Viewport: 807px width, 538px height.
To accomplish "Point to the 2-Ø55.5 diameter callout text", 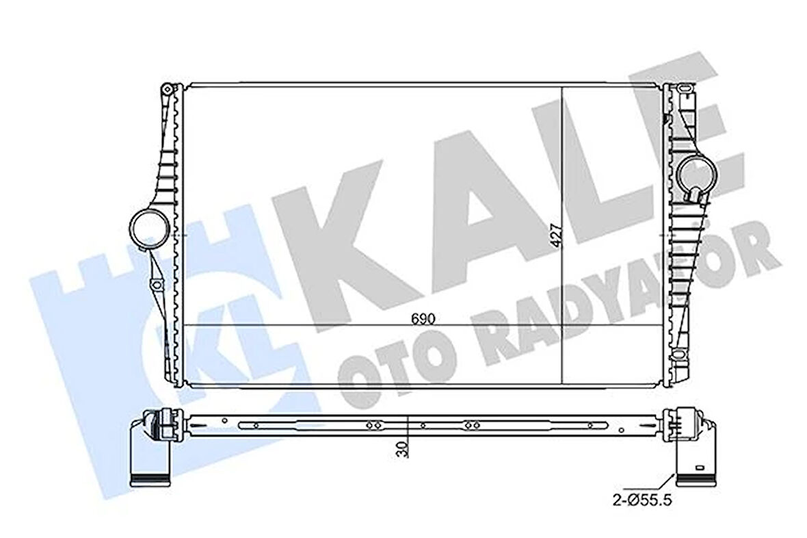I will point(642,500).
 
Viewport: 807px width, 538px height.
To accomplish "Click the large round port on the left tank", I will point(148,229).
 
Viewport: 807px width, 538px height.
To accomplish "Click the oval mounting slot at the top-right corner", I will point(683,88).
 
